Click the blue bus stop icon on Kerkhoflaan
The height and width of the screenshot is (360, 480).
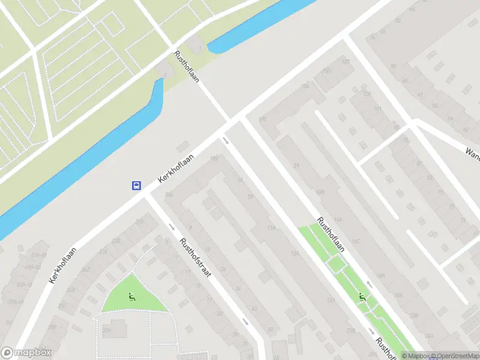pyautogui.click(x=137, y=185)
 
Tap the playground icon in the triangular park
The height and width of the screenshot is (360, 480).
pyautogui.click(x=131, y=296)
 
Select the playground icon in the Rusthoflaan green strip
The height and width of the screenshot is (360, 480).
pyautogui.click(x=362, y=296)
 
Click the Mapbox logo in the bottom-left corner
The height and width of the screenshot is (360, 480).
pyautogui.click(x=26, y=353)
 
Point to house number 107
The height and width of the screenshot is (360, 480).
pyautogui.click(x=346, y=62)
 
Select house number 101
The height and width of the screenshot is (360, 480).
pyautogui.click(x=377, y=109)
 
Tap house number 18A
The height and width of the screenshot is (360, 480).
pyautogui.click(x=380, y=277)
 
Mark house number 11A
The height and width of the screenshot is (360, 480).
pyautogui.click(x=272, y=228)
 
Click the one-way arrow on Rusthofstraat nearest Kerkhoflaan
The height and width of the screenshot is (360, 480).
pyautogui.click(x=172, y=227)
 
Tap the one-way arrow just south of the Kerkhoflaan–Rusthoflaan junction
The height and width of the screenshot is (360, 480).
pyautogui.click(x=226, y=141)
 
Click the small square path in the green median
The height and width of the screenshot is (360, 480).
pyautogui.click(x=336, y=262)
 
